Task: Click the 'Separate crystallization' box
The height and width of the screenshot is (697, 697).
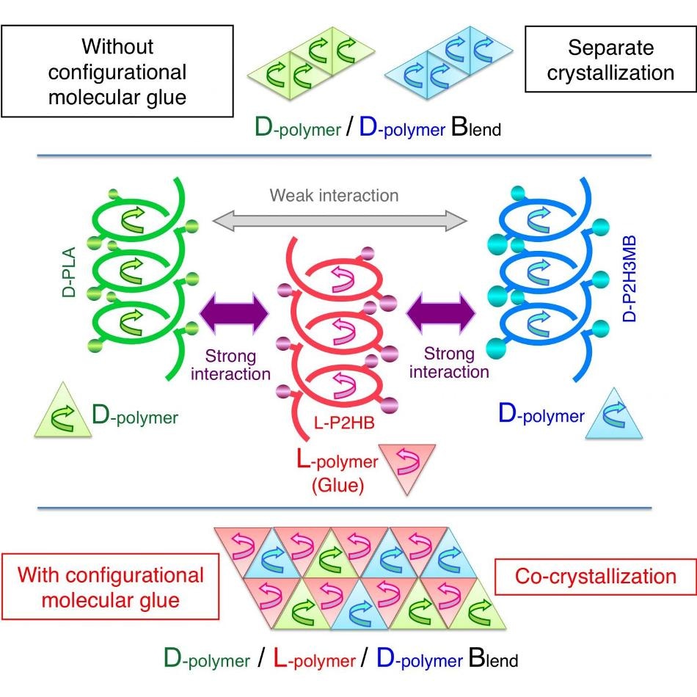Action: coord(610,59)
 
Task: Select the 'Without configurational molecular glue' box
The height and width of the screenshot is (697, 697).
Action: coord(117,71)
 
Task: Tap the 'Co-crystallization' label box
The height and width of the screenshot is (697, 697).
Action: coord(596,577)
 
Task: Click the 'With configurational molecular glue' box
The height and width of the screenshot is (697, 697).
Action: coord(111,587)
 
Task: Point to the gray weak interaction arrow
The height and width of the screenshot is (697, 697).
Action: coord(340,221)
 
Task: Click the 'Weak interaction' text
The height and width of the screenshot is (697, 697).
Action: coord(335,196)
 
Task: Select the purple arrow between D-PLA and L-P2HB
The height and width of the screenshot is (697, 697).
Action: coord(234,313)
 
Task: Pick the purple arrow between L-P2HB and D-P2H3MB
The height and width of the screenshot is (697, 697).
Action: coord(441,313)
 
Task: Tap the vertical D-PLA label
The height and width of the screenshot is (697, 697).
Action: coord(69,271)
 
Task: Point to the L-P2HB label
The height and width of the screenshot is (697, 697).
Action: coord(345,423)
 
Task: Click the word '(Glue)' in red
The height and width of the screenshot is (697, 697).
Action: coord(337,485)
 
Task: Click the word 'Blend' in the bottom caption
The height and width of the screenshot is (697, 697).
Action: coord(494,658)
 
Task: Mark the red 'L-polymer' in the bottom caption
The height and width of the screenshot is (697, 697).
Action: coord(314,659)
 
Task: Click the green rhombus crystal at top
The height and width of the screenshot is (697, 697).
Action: coord(311,62)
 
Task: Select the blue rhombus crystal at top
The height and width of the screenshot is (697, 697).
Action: coord(448,62)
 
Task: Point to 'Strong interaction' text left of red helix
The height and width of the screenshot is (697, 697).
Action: coord(230,365)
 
